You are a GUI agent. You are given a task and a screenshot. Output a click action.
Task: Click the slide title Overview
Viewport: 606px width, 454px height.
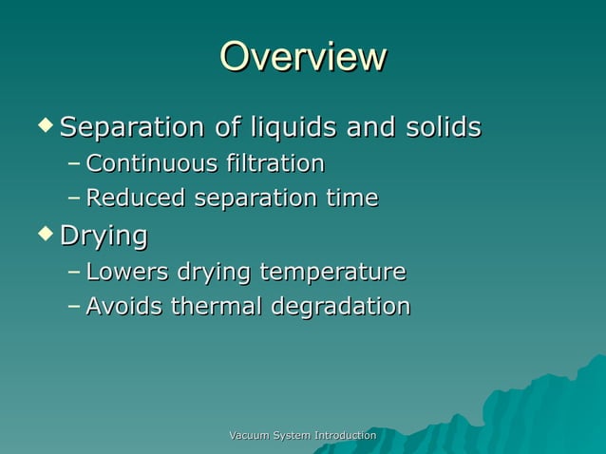point(303,58)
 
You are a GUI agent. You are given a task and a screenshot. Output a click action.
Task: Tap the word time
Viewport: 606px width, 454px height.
point(352,199)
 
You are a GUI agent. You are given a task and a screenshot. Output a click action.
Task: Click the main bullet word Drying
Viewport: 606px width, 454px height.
point(104,236)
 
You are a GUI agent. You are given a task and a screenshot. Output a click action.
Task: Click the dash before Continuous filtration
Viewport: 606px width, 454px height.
point(74,165)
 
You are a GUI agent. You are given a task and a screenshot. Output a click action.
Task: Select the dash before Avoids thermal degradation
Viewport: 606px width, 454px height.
point(74,308)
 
